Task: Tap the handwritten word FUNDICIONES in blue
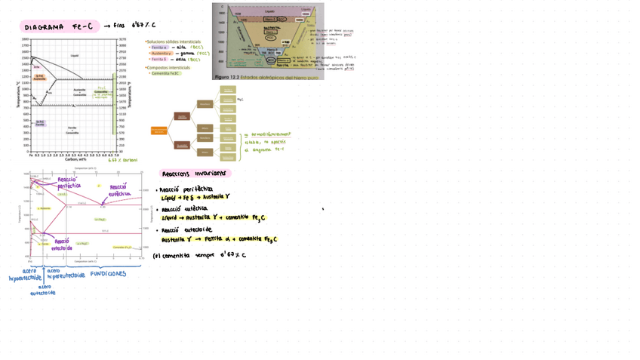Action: [108, 274]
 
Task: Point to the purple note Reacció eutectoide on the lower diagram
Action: [62, 244]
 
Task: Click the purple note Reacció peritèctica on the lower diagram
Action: [69, 182]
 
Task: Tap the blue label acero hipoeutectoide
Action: [25, 274]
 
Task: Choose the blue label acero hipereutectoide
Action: [66, 274]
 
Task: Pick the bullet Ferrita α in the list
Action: [160, 47]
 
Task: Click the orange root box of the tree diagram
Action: [158, 131]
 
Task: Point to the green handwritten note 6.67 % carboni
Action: [122, 160]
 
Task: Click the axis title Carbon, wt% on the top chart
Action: [75, 159]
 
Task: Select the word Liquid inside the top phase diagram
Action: [74, 56]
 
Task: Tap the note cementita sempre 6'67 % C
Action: [199, 255]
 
